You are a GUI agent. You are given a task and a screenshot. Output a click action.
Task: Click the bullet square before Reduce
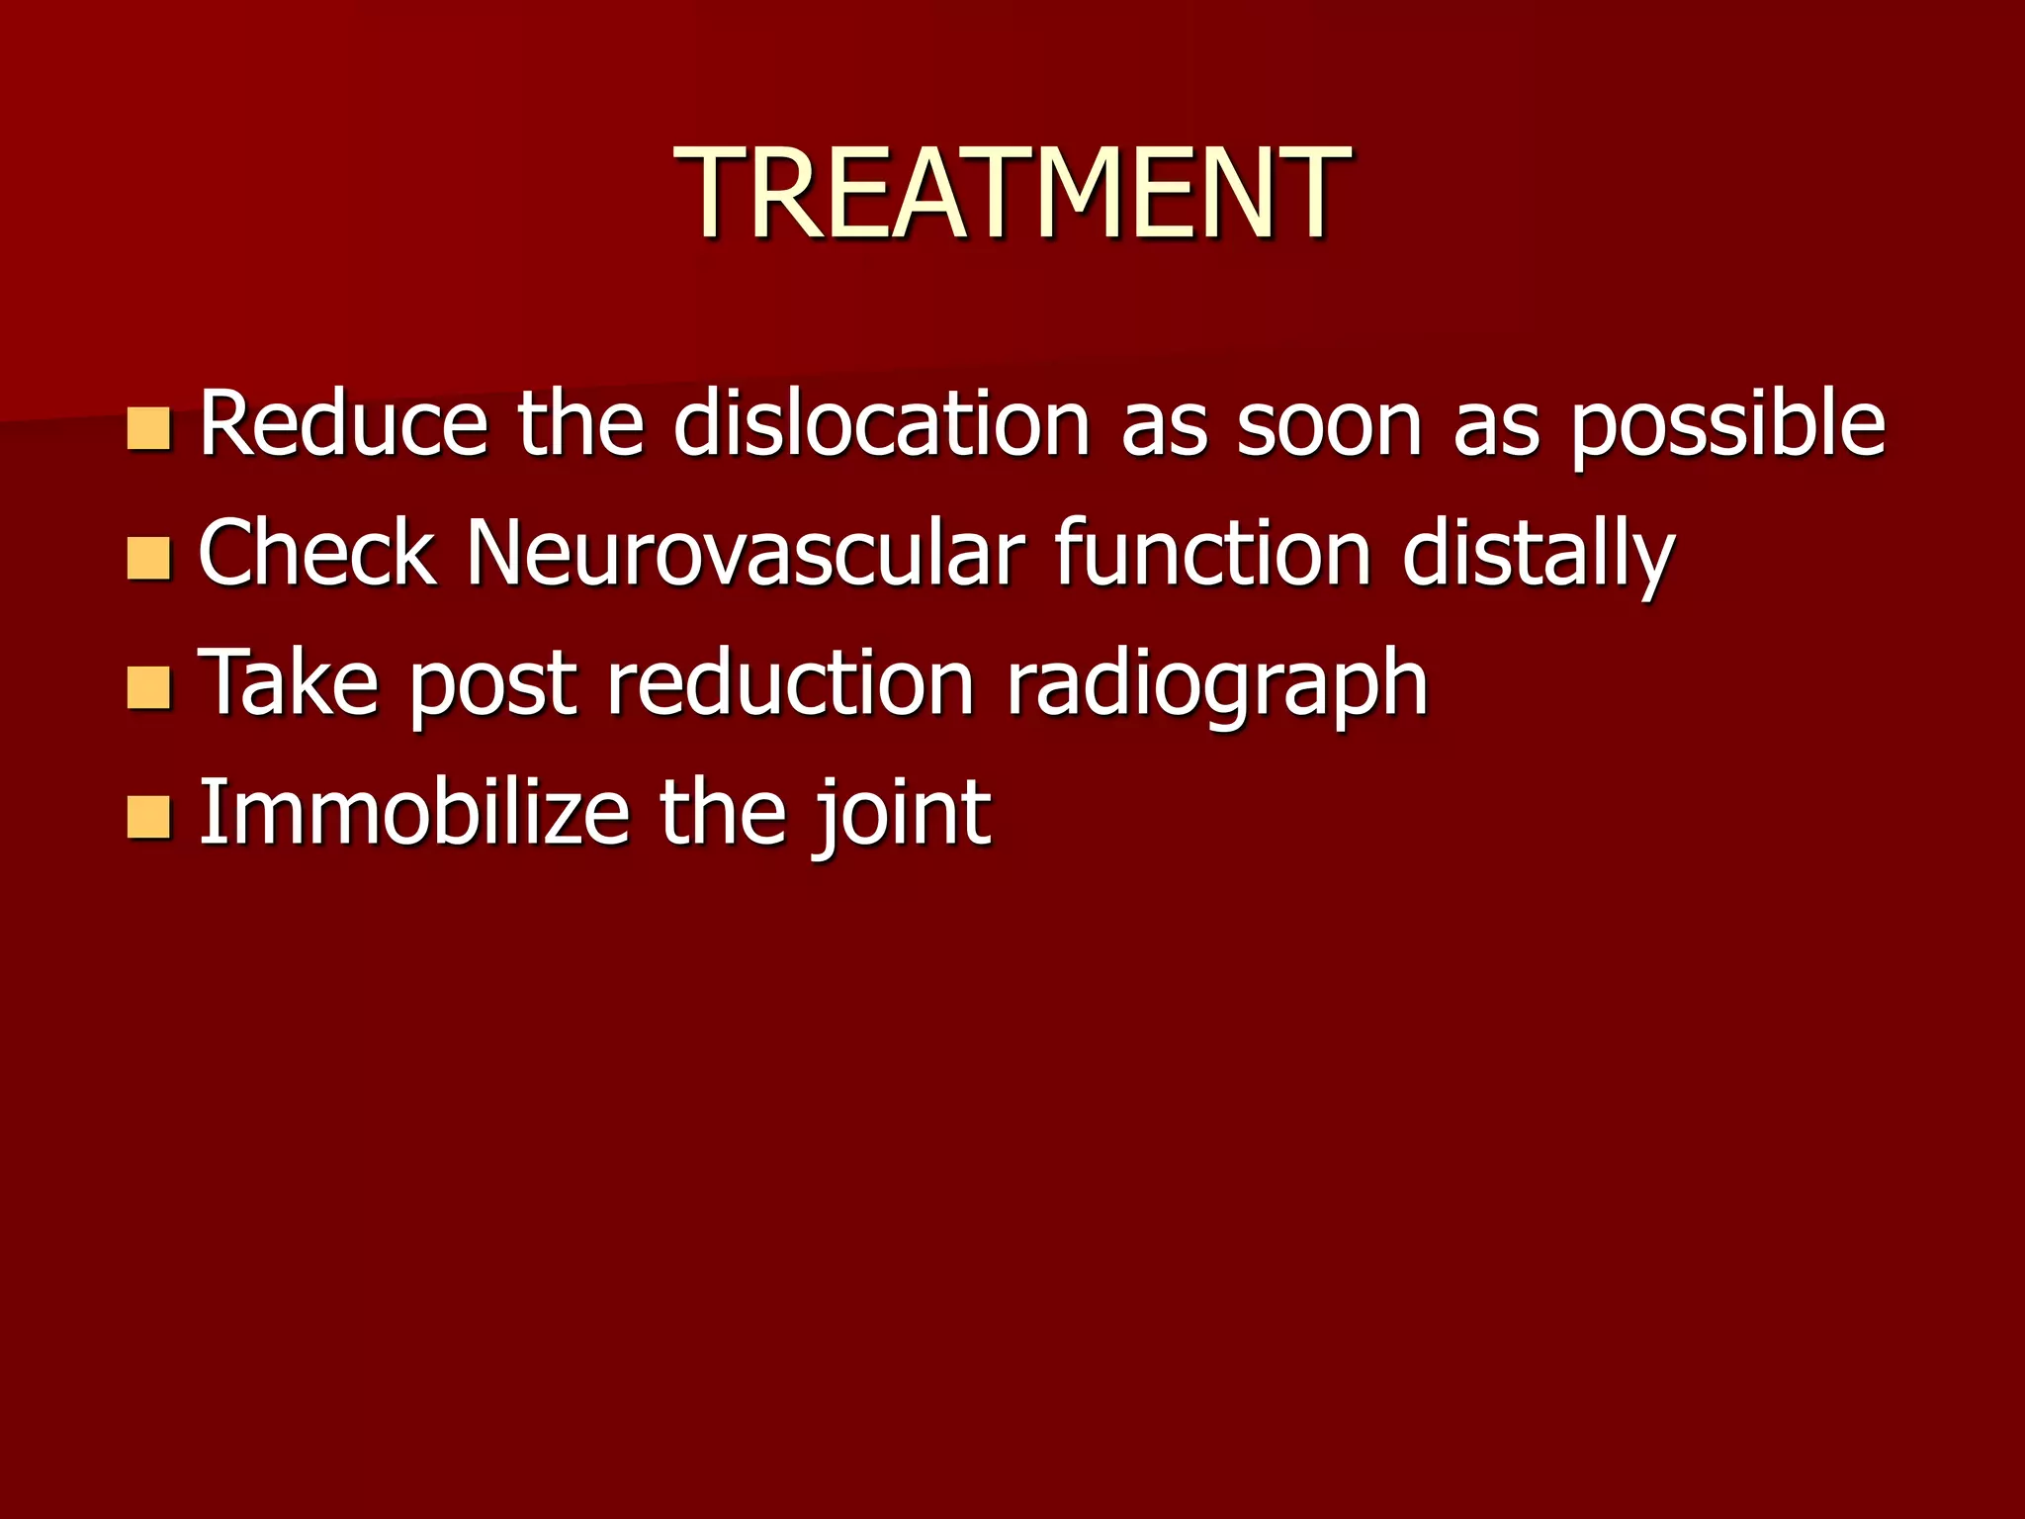pyautogui.click(x=149, y=428)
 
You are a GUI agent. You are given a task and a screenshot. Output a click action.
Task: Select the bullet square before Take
pyautogui.click(x=149, y=687)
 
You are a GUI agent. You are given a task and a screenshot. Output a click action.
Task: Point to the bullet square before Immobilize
pyautogui.click(x=149, y=817)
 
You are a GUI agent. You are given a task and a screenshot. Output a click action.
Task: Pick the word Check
pyautogui.click(x=317, y=553)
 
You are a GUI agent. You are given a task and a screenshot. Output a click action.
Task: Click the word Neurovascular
pyautogui.click(x=746, y=553)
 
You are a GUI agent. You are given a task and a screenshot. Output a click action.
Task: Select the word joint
pyautogui.click(x=901, y=815)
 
